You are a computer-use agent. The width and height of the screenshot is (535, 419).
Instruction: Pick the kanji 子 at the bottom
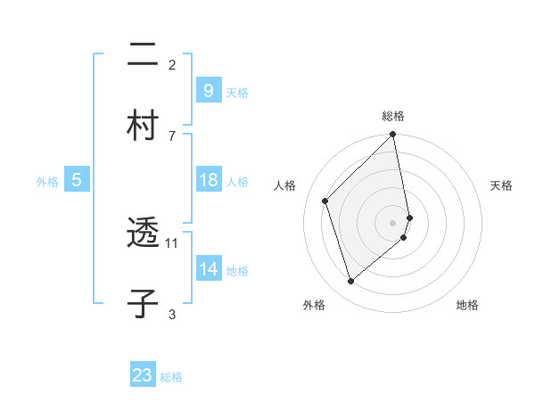coord(143,302)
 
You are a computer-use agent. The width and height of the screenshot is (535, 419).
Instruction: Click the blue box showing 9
coord(208,91)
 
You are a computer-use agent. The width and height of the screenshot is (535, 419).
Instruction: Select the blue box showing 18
coord(208,180)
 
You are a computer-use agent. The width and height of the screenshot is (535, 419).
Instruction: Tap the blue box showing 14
coord(208,269)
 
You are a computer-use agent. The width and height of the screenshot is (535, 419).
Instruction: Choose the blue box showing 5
coord(76,181)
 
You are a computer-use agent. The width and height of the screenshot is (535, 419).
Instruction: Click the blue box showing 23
coord(143,375)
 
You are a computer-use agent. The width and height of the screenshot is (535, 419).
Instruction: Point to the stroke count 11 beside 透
coord(172,242)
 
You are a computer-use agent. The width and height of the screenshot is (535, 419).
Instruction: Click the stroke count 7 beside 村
coord(172,136)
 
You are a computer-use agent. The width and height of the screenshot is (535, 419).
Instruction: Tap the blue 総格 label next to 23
coord(171,377)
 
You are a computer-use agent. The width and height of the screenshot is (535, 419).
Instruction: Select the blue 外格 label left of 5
coord(47,182)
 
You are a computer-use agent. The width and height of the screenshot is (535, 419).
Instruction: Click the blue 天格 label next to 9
coord(237,93)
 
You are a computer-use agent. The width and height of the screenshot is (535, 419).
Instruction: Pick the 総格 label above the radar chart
coord(393,116)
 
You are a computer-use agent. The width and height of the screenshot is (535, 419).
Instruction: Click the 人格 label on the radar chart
coord(284,185)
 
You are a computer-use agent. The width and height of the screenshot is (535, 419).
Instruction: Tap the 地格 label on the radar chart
coord(467,305)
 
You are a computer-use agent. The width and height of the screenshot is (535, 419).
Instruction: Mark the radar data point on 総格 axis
coord(393,136)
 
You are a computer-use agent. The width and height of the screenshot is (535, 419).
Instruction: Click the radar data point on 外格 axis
coord(350,282)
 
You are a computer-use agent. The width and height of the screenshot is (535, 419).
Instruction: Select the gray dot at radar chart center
coord(393,222)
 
